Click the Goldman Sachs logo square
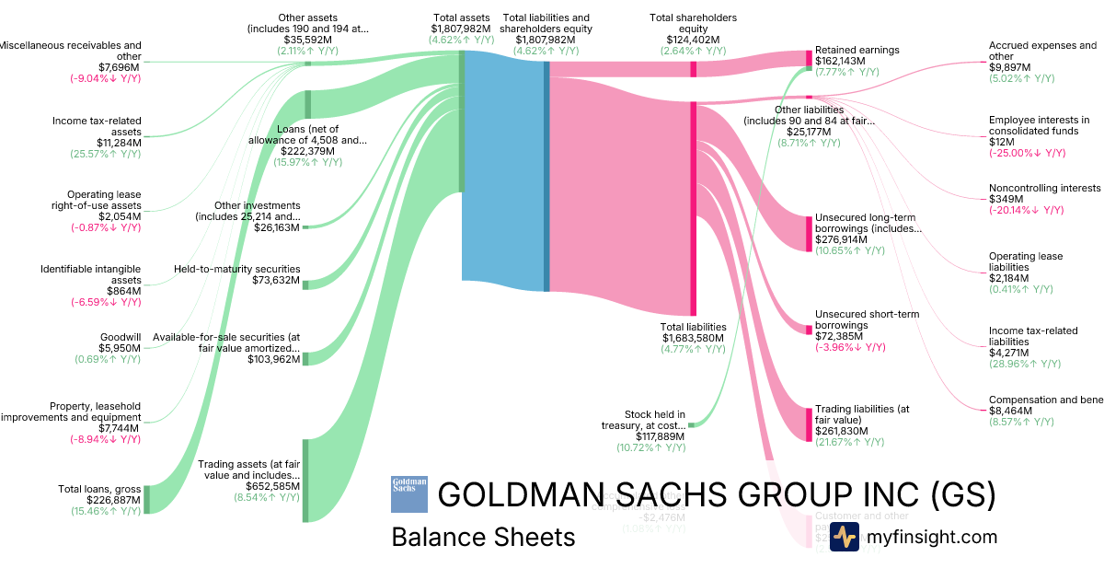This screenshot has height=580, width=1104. tap(409, 493)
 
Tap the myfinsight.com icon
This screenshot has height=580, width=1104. tap(844, 537)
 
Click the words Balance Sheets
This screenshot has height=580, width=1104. tap(483, 537)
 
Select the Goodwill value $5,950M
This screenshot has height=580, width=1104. tap(120, 348)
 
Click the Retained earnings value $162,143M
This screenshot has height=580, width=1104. tap(840, 61)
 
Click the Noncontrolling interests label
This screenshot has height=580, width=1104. tap(1044, 188)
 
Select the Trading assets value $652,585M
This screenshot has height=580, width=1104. tap(273, 486)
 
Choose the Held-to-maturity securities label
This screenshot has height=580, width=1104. tap(236, 269)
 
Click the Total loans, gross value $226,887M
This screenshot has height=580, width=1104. tap(114, 500)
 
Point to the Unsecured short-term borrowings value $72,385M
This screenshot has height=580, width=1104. tap(839, 336)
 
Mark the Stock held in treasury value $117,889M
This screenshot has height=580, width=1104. tap(661, 436)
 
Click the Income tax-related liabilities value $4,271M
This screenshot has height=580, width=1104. tap(1009, 353)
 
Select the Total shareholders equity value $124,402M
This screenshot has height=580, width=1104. tap(693, 40)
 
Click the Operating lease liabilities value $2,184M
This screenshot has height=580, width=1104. tap(1009, 278)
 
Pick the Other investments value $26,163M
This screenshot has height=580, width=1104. tap(277, 227)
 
